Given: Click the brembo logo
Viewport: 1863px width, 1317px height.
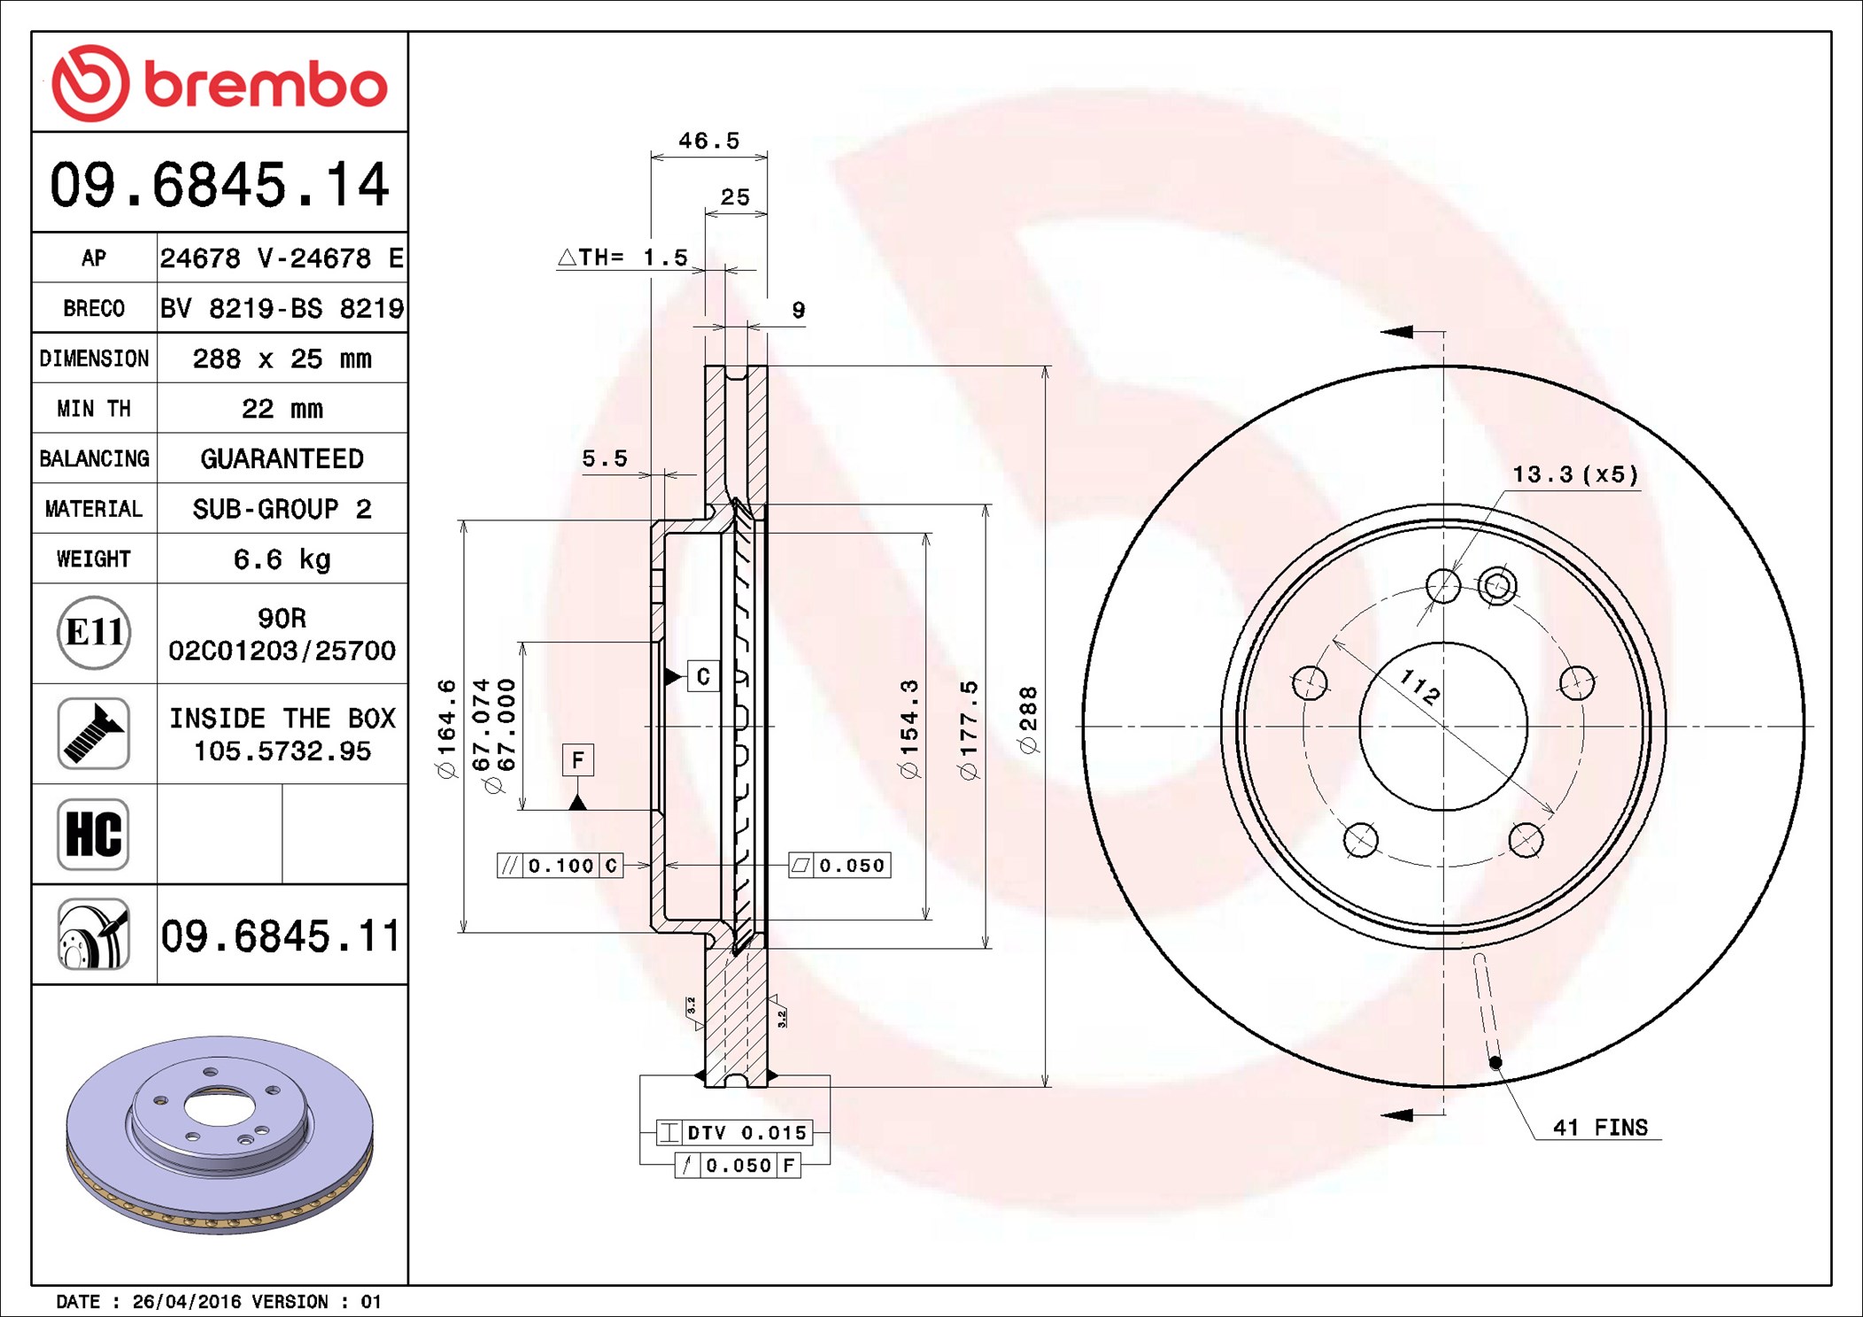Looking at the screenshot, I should [x=220, y=82].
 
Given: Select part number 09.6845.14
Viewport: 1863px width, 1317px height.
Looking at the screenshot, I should [x=220, y=184].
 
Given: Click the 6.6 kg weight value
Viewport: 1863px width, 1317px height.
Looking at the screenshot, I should [x=282, y=558].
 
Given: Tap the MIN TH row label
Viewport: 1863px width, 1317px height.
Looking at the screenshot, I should [x=94, y=408].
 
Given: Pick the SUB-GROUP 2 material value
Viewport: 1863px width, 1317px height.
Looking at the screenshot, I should [x=282, y=509].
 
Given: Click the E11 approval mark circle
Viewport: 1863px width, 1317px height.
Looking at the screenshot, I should [x=94, y=633].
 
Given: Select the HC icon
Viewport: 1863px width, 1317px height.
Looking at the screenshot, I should [x=94, y=835].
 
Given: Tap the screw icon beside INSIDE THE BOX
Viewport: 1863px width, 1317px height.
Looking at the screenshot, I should [x=94, y=733].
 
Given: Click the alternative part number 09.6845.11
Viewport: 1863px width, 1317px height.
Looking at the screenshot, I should [x=281, y=936].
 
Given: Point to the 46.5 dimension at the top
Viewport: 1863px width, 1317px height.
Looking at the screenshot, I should [x=708, y=141].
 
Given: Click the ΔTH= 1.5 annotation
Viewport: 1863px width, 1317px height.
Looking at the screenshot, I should [x=622, y=258].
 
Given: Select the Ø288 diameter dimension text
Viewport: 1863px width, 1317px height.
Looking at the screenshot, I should [x=1028, y=719].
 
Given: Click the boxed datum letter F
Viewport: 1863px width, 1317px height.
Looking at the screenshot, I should [x=577, y=759].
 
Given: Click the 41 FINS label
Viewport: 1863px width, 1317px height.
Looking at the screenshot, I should [x=1599, y=1127].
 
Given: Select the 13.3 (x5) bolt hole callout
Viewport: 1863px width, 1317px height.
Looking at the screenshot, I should [x=1574, y=474].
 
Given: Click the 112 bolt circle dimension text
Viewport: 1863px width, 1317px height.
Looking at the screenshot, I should [x=1419, y=686].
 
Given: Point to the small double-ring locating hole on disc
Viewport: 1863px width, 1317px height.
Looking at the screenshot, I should [x=1496, y=585].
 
